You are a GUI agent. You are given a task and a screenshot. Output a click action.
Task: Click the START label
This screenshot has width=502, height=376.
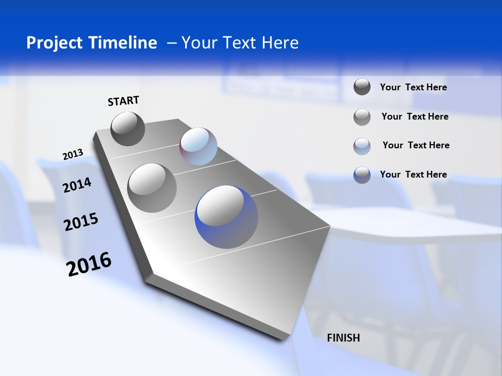[123, 101]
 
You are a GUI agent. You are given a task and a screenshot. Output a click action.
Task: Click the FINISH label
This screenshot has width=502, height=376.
[344, 338]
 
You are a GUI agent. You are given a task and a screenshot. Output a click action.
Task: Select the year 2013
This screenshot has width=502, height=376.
[73, 155]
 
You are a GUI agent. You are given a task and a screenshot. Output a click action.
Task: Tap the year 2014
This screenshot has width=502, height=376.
[77, 185]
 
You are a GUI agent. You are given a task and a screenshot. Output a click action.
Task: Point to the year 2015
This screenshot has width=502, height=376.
[81, 221]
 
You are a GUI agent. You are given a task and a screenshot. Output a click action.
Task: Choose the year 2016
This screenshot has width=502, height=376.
[89, 264]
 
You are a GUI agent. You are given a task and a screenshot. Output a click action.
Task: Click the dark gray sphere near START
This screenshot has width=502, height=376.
[128, 129]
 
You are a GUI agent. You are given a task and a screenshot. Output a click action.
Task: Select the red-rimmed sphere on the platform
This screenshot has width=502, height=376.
[198, 146]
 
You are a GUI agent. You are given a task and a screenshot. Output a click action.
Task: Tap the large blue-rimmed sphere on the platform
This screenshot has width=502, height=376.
[226, 217]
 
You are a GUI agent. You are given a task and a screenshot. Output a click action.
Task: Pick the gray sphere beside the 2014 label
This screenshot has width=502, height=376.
[152, 188]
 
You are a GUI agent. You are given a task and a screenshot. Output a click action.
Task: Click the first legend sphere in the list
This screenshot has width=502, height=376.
[362, 87]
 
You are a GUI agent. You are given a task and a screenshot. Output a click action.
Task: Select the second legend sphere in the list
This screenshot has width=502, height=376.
[362, 117]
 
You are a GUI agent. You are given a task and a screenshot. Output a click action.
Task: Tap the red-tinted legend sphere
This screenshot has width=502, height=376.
[362, 146]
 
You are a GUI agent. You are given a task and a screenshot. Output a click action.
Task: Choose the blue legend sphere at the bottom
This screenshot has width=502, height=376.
[362, 175]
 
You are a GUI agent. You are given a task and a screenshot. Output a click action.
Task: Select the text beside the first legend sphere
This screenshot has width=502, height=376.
[413, 87]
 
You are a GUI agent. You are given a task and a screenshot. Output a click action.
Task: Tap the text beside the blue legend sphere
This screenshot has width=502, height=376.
[413, 174]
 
